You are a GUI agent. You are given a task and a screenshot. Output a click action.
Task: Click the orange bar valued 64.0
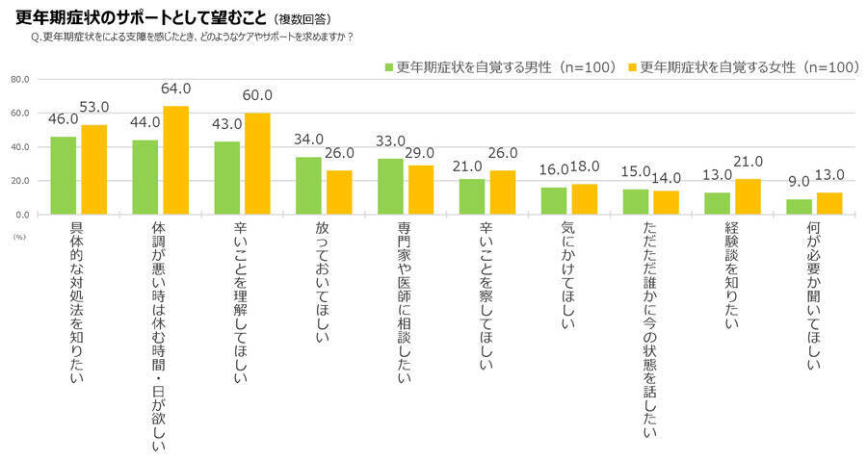[x=175, y=160]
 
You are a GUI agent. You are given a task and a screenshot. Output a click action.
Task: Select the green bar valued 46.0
[x=63, y=175]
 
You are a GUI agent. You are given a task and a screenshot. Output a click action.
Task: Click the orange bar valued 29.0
[x=420, y=190]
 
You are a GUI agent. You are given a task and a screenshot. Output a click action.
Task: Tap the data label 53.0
[x=93, y=107]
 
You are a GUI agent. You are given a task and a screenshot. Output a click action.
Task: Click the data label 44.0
[x=145, y=122]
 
